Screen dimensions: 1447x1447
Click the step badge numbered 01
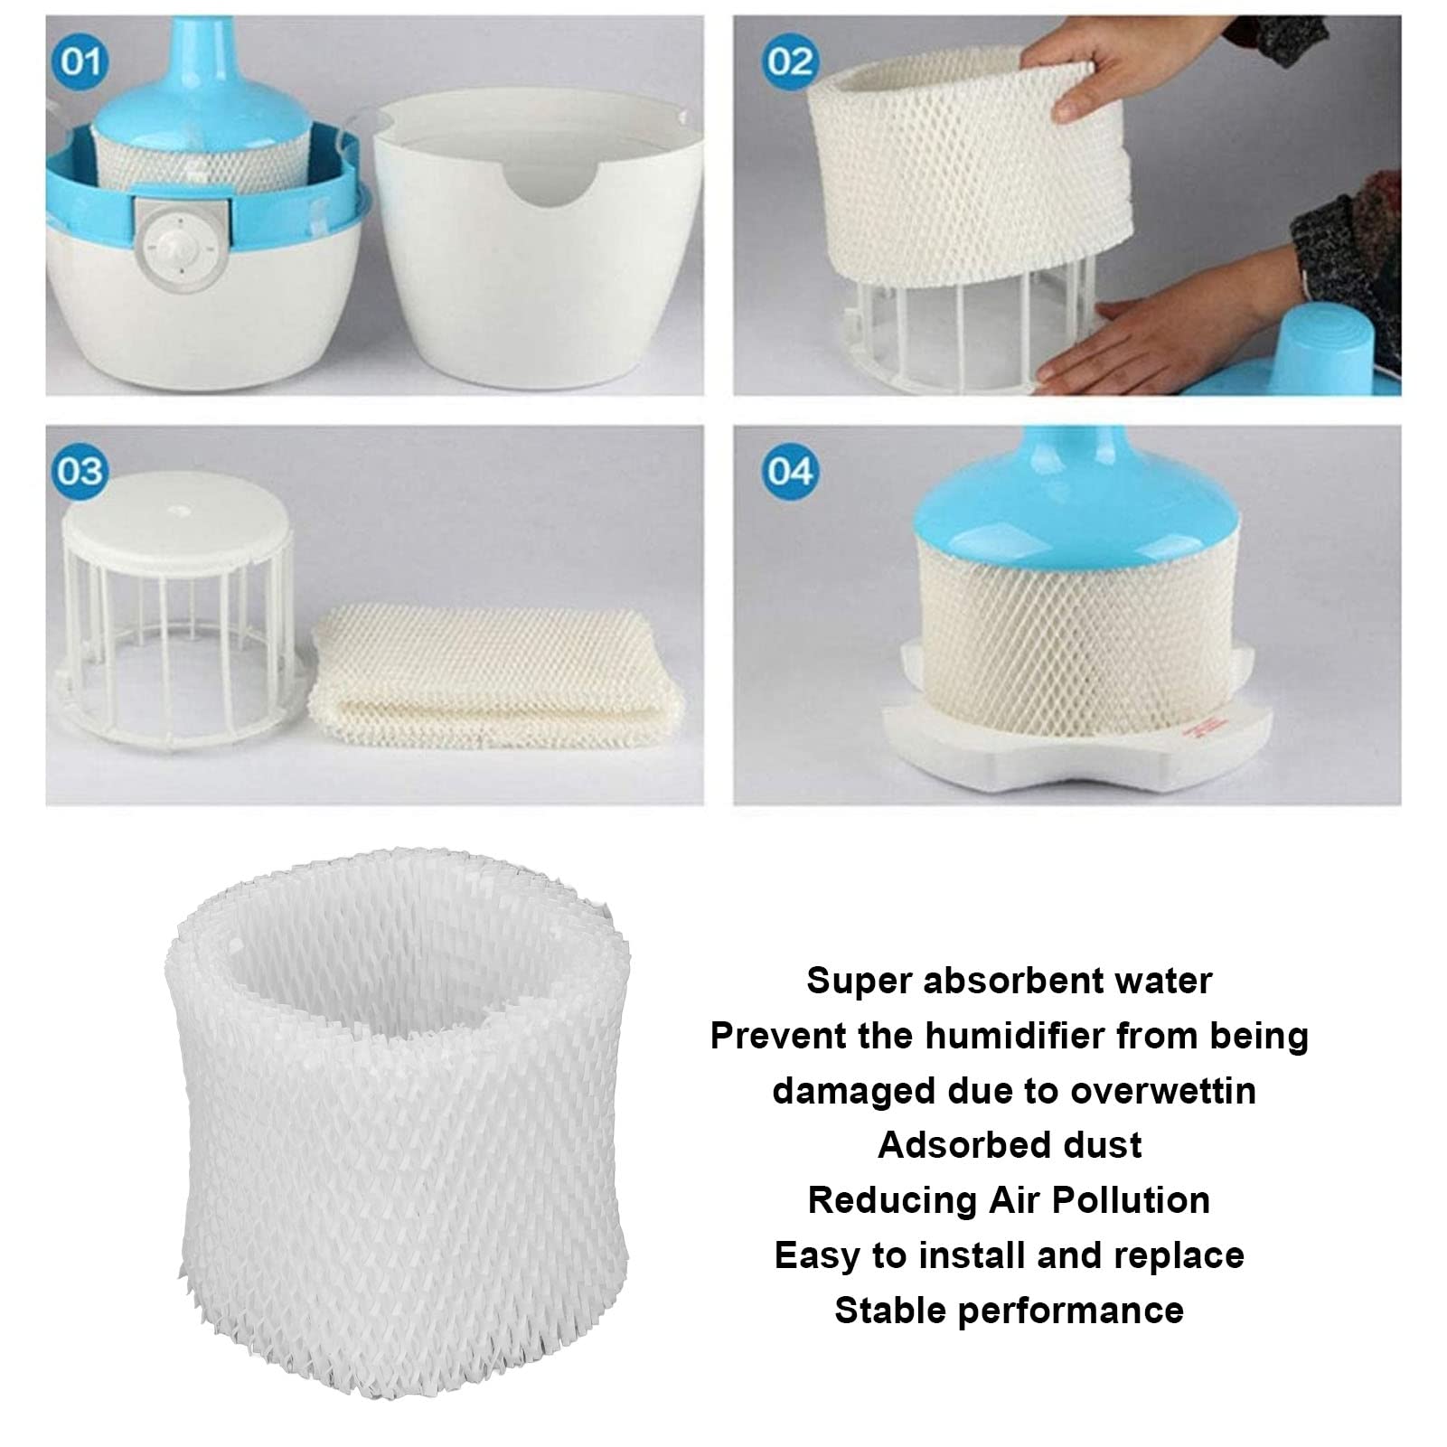tap(80, 61)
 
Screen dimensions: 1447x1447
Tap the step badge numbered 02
tap(791, 61)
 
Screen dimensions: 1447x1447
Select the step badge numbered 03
tap(80, 471)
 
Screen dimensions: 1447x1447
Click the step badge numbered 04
tap(791, 471)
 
